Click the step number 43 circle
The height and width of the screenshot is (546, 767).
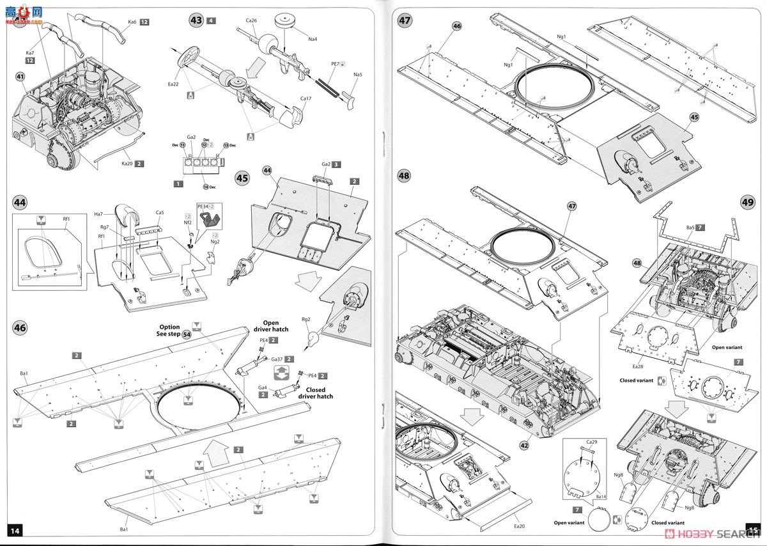coord(196,20)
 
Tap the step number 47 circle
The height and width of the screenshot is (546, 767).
coord(405,20)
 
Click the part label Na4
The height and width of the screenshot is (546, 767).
coord(313,40)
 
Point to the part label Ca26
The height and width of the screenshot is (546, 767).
coord(251,20)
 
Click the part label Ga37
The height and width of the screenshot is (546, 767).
coord(278,359)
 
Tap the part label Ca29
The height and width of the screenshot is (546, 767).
coord(591,442)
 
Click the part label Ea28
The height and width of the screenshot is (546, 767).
coord(637,366)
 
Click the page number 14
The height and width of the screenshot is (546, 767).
coord(16,530)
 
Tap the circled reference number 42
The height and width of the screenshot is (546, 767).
coord(525,446)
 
